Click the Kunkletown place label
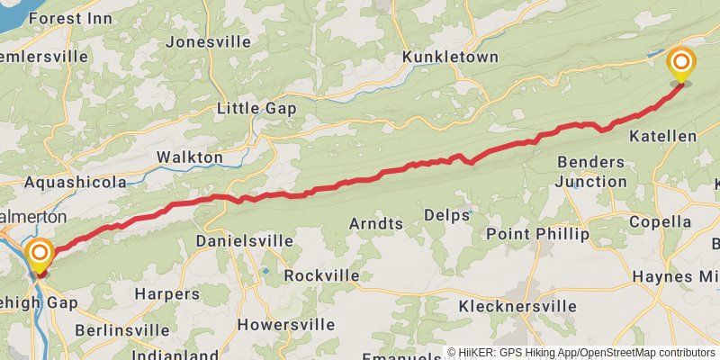pyautogui.click(x=450, y=57)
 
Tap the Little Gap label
pyautogui.click(x=256, y=109)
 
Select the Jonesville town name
pyautogui.click(x=205, y=41)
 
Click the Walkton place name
pyautogui.click(x=190, y=157)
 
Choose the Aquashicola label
pyautogui.click(x=76, y=183)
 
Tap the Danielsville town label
pyautogui.click(x=245, y=241)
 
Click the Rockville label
pyautogui.click(x=321, y=275)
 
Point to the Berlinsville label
pyautogui.click(x=121, y=330)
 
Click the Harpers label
pyautogui.click(x=166, y=293)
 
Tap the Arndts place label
pyautogui.click(x=377, y=221)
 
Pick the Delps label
pyautogui.click(x=446, y=216)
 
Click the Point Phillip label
pyautogui.click(x=537, y=234)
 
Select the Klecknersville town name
pyautogui.click(x=517, y=307)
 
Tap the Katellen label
pyautogui.click(x=663, y=136)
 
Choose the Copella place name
pyautogui.click(x=661, y=222)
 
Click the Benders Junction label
pyautogui.click(x=591, y=171)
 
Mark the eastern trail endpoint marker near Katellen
pyautogui.click(x=681, y=63)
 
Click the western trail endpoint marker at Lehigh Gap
pyautogui.click(x=38, y=254)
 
